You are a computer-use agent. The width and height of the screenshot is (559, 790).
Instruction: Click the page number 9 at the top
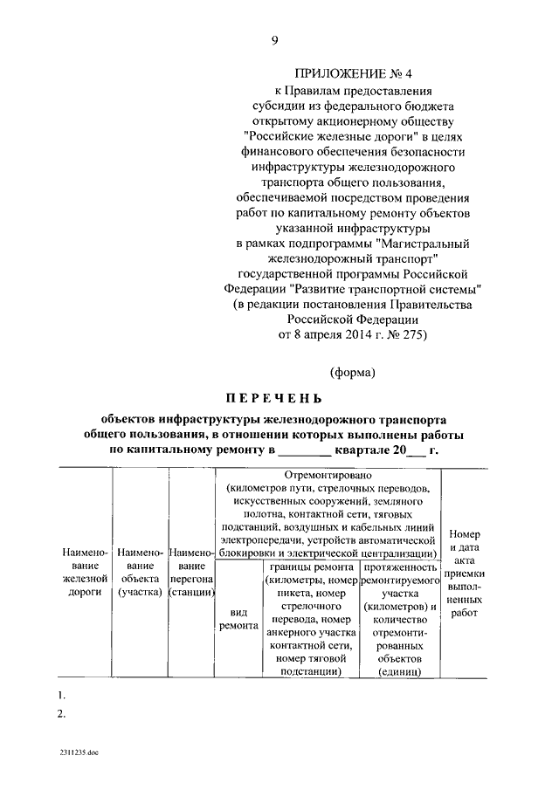(275, 40)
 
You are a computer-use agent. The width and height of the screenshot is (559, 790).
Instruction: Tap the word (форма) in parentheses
(352, 373)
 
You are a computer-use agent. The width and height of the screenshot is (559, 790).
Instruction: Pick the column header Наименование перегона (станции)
(192, 573)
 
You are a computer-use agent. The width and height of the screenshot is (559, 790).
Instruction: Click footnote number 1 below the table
(60, 696)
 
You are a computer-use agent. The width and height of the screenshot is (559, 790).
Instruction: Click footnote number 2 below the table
(60, 714)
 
